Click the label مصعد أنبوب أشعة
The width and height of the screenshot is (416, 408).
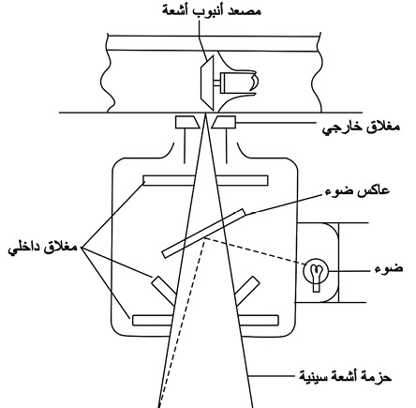tap(212, 10)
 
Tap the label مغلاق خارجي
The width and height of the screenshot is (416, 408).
tap(361, 127)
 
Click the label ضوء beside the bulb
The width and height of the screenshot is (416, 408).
tap(389, 269)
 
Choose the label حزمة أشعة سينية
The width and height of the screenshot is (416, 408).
tap(345, 376)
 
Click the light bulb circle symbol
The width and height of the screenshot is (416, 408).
tap(316, 271)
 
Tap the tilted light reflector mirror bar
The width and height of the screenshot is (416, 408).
tap(204, 234)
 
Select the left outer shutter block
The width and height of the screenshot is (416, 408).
tap(187, 122)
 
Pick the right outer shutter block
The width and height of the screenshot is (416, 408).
tap(224, 122)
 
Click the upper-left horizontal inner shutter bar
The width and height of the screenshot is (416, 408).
tap(169, 180)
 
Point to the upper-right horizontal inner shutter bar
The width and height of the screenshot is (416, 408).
tap(243, 180)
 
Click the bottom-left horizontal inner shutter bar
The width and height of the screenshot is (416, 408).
tap(153, 321)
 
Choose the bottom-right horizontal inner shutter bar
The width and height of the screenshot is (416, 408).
tap(259, 320)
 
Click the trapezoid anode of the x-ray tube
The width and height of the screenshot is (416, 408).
tap(207, 83)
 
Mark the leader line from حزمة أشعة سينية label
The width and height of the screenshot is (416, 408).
tap(275, 374)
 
